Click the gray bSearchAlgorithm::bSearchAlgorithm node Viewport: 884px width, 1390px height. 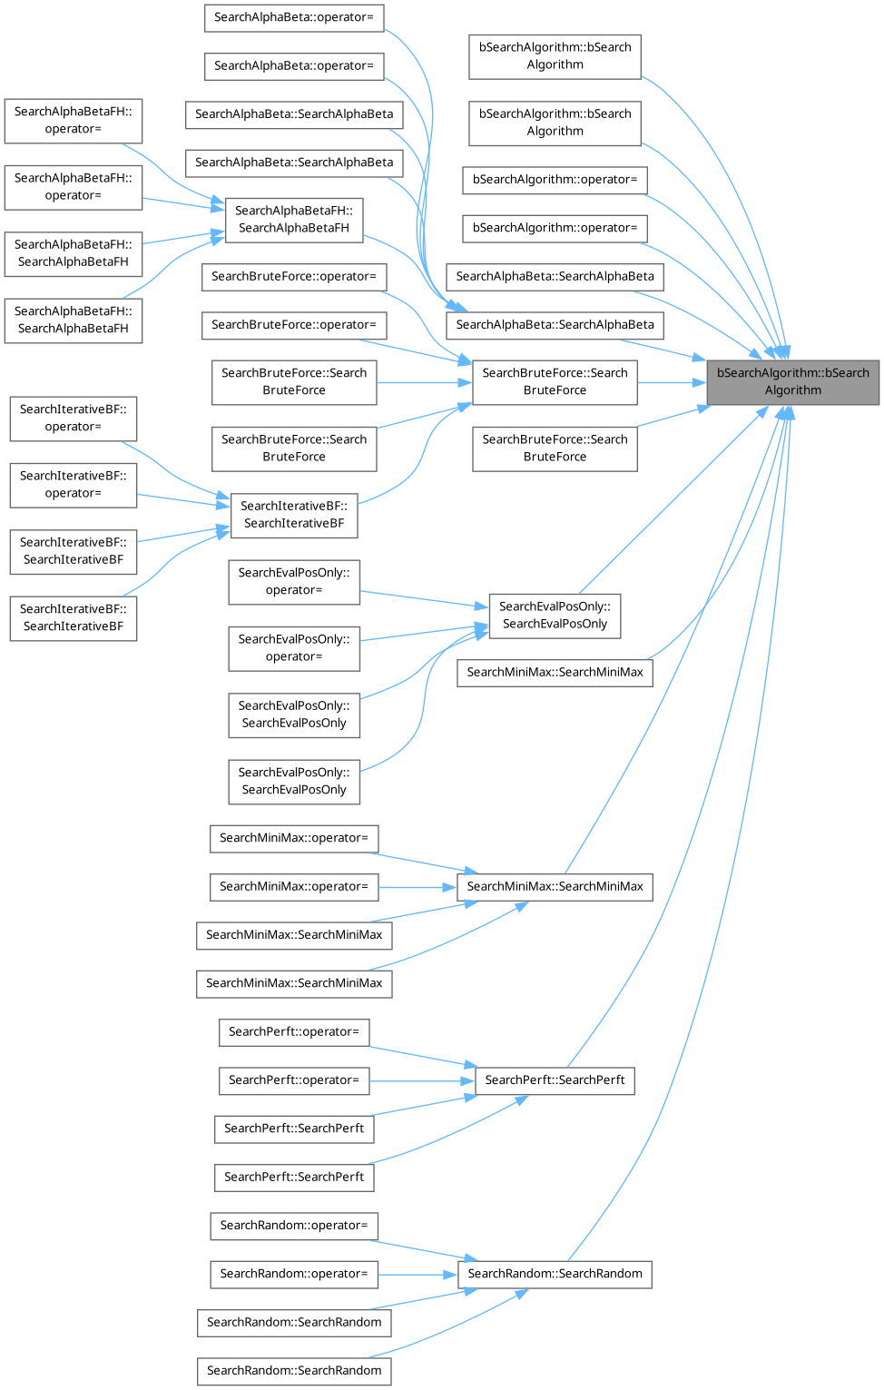(792, 381)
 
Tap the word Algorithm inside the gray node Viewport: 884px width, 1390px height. (792, 390)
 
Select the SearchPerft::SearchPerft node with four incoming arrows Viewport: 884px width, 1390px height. (555, 1080)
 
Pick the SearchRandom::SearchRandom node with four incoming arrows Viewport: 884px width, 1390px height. (555, 1274)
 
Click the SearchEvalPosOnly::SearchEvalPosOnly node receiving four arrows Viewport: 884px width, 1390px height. (555, 616)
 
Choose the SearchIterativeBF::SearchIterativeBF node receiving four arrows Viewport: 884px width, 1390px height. (293, 515)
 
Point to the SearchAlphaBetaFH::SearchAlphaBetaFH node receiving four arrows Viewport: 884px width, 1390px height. (293, 219)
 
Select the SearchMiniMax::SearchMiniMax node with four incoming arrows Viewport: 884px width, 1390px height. (555, 886)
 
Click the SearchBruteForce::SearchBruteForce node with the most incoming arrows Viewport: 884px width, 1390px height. (555, 381)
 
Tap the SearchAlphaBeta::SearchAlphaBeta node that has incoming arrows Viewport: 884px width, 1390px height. (555, 325)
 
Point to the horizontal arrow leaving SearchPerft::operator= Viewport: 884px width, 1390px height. (422, 1080)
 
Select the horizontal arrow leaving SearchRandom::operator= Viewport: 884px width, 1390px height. (417, 1274)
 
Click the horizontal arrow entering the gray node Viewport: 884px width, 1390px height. (672, 382)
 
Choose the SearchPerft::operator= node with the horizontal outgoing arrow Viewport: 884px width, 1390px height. (293, 1080)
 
